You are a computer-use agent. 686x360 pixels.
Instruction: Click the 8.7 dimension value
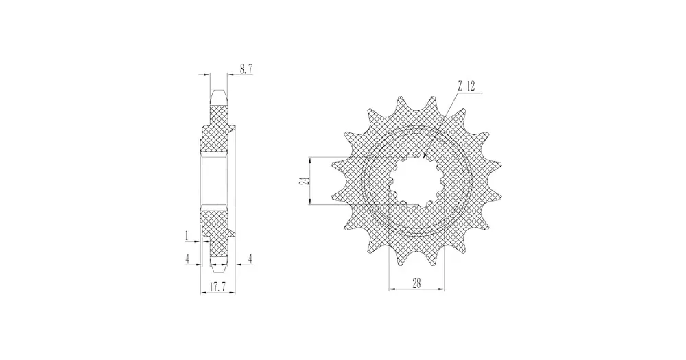[x=246, y=69]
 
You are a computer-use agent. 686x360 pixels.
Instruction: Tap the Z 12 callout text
[x=466, y=86]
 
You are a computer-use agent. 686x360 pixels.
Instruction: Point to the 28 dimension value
[x=416, y=283]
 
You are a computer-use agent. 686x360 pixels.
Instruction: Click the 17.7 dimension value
[x=217, y=287]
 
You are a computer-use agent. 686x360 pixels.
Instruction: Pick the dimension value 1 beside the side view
[x=187, y=236]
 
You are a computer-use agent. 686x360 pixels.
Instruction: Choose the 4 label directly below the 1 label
[x=187, y=259]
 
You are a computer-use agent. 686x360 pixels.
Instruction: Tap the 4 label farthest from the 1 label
[x=250, y=259]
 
